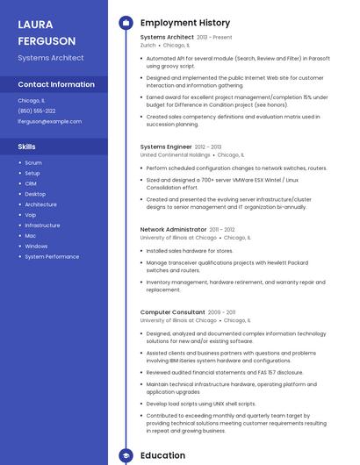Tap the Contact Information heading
tap(56, 84)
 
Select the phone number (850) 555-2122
tap(37, 111)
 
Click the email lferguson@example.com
tap(43, 121)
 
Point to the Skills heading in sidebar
tap(26, 147)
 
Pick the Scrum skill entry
tap(33, 163)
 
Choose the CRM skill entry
tap(31, 183)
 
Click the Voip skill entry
tap(31, 215)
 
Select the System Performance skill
tap(52, 257)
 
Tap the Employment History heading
tap(184, 23)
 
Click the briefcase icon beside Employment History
tap(126, 23)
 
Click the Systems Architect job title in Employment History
tap(167, 38)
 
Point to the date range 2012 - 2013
tap(208, 147)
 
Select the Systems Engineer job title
tap(166, 147)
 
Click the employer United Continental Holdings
tap(175, 154)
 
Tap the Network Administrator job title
tap(173, 230)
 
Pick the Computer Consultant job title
tap(172, 312)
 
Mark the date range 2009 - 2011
tap(221, 312)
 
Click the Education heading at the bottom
tap(162, 455)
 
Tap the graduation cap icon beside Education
tap(126, 456)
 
